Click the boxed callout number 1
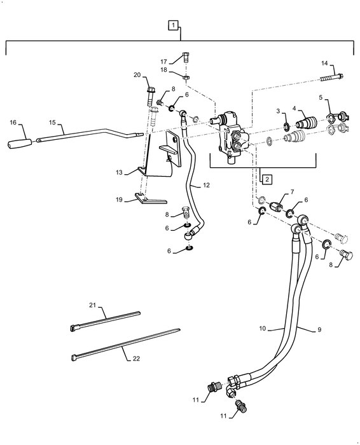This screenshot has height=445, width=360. pyautogui.click(x=173, y=26)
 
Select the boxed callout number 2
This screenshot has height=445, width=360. pyautogui.click(x=268, y=179)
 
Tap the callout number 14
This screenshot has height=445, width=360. pyautogui.click(x=324, y=64)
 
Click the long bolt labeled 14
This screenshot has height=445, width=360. pyautogui.click(x=331, y=78)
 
